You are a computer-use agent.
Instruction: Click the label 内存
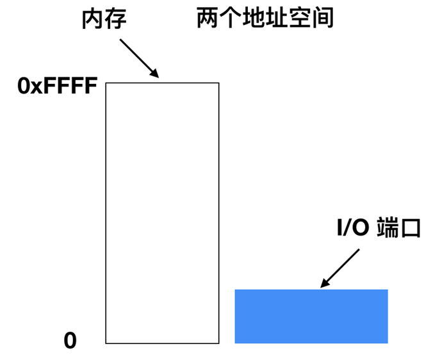click(x=104, y=19)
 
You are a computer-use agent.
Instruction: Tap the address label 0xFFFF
click(x=57, y=86)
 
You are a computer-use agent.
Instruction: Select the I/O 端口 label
click(x=379, y=227)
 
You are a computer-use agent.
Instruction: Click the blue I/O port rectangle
click(x=311, y=316)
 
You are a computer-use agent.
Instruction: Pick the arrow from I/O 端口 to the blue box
click(x=340, y=267)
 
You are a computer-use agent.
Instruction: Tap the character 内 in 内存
click(x=92, y=19)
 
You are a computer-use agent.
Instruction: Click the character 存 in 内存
click(x=115, y=19)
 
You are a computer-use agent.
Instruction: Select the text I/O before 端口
click(x=353, y=227)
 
